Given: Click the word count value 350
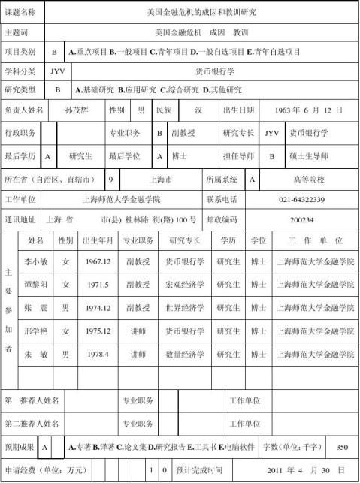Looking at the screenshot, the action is click(x=342, y=447).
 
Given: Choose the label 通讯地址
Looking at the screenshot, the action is click(x=20, y=219).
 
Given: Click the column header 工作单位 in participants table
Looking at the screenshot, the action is click(x=316, y=240).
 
